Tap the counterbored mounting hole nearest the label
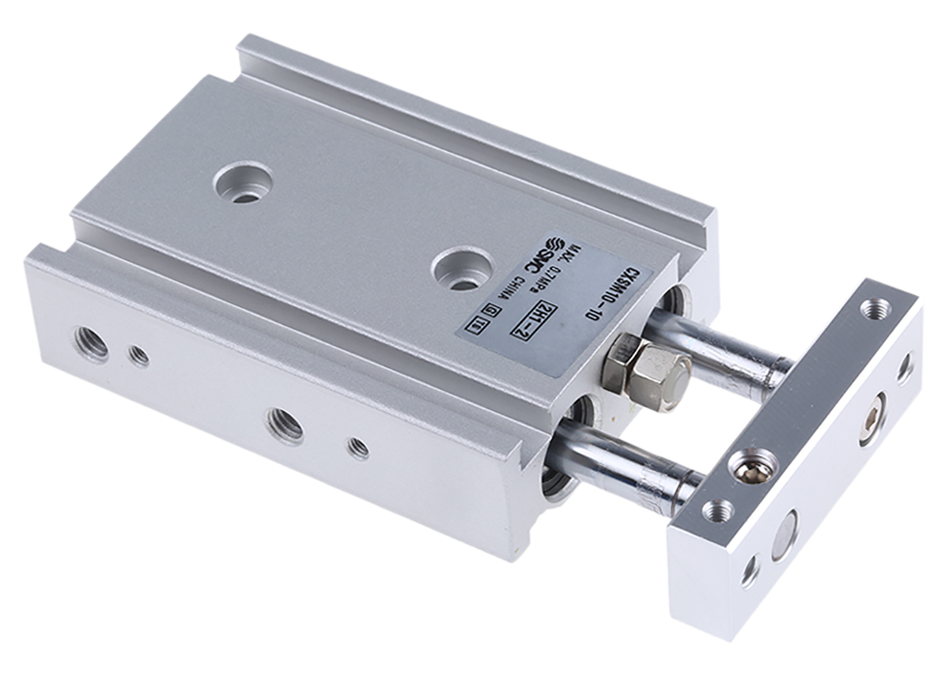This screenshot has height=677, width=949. click(465, 270)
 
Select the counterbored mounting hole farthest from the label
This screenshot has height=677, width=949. click(244, 183)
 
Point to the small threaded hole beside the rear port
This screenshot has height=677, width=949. click(139, 357)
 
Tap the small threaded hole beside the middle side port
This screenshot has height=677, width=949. click(358, 448)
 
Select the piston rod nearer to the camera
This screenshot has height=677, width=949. click(625, 463)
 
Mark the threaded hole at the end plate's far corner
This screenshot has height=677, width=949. click(874, 308)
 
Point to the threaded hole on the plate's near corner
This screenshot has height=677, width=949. click(718, 510)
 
